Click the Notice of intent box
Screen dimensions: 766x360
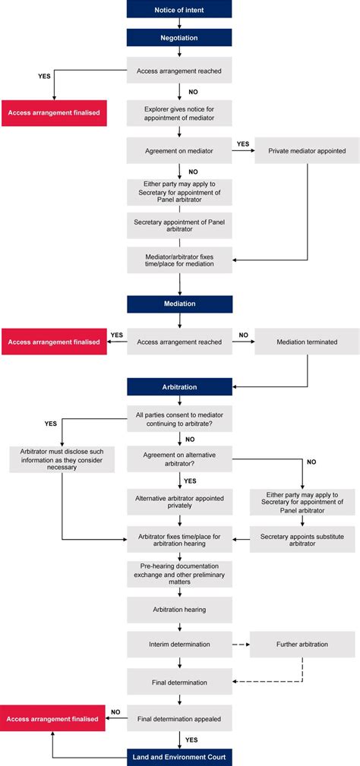[179, 9]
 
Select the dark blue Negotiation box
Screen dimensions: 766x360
[179, 37]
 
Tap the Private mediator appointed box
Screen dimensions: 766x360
[307, 150]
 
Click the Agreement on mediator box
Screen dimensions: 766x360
[179, 150]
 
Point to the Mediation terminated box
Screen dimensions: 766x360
[307, 342]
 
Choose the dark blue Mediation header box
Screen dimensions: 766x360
[179, 304]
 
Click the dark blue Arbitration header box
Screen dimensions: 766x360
[179, 387]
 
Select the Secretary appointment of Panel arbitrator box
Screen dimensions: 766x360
[179, 225]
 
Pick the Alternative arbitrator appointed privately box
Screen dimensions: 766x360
[179, 502]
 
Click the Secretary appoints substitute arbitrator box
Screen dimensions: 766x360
[302, 538]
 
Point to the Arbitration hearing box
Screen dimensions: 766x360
[179, 610]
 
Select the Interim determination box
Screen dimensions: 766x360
[179, 645]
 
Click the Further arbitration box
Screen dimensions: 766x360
[302, 645]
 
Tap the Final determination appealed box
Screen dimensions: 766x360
[179, 718]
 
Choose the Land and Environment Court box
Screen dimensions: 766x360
[179, 756]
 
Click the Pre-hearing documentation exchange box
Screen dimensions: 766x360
[179, 574]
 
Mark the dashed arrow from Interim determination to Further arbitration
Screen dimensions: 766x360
[241, 645]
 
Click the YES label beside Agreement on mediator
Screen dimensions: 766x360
[243, 143]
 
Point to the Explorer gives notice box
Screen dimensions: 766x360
[179, 113]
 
